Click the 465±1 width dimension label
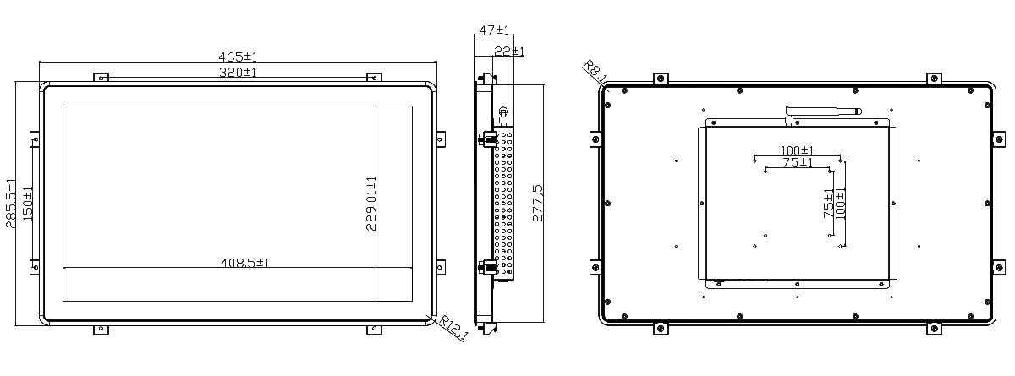tap(238, 57)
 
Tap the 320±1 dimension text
tap(238, 73)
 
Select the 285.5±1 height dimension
tap(10, 204)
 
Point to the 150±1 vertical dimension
tap(28, 204)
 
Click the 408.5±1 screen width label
tap(244, 263)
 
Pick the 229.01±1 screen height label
tap(371, 204)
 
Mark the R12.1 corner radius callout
tap(453, 328)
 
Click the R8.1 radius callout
tap(595, 72)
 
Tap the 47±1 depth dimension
tap(494, 30)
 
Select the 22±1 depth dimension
tap(509, 52)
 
